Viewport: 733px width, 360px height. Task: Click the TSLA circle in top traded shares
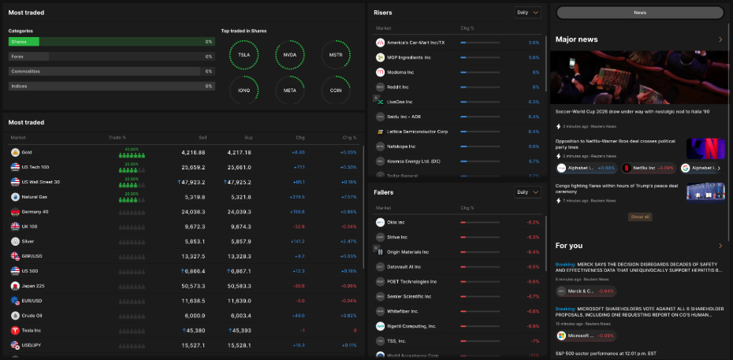click(244, 55)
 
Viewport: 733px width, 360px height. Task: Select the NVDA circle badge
click(290, 55)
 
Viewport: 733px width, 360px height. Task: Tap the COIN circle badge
click(336, 91)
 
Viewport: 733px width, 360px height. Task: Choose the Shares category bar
click(110, 42)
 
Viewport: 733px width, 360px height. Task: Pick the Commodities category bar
click(110, 71)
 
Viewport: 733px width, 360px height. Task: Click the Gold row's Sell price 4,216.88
click(193, 152)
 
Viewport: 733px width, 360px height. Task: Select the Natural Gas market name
click(35, 197)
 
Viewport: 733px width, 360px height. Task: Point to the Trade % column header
click(117, 137)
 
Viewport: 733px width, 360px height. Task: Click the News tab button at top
click(640, 13)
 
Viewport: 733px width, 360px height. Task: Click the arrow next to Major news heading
click(720, 39)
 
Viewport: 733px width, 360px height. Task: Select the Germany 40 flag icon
click(15, 212)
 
